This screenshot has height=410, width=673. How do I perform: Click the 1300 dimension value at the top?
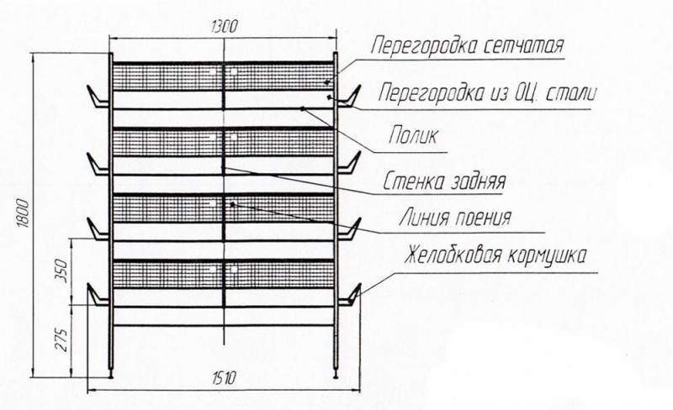pos(224,27)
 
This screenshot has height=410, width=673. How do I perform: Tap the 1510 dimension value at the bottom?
pos(224,378)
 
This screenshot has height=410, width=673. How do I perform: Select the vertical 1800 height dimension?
pos(24,213)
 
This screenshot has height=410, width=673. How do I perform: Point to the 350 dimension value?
pos(61,271)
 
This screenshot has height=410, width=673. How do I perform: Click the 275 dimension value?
pos(62,339)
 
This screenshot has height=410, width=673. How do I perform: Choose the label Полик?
pos(413,135)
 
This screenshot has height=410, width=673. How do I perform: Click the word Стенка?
pos(413,181)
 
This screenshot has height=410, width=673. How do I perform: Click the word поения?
pos(483,218)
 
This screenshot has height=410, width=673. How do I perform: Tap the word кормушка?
pos(547,256)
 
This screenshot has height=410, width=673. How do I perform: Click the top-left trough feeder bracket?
pos(98,97)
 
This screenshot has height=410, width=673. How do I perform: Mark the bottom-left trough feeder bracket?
pos(98,296)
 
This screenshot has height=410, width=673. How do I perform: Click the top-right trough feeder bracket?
pos(348,97)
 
